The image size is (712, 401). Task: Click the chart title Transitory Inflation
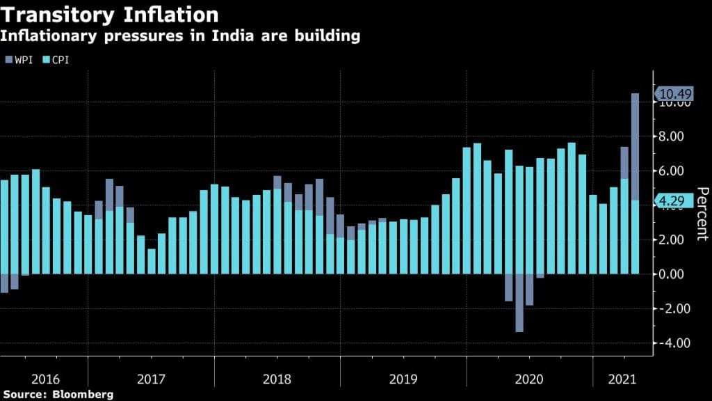111,15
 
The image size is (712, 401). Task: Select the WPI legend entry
19,60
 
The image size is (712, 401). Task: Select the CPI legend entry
55,60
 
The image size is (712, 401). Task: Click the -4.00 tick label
674,343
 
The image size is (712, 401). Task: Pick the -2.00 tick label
674,308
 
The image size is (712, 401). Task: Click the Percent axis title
702,214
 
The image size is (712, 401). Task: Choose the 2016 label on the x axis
45,380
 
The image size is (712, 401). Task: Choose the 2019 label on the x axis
403,380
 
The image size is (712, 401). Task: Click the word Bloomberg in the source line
83,395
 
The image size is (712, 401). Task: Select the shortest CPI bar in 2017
151,261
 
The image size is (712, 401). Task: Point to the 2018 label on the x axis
277,380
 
